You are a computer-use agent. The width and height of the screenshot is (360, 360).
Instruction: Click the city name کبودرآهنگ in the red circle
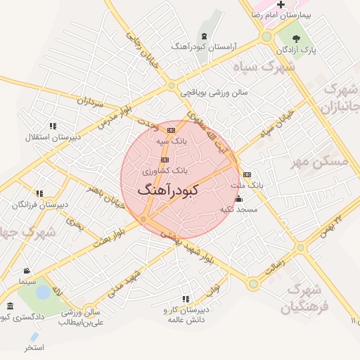169,190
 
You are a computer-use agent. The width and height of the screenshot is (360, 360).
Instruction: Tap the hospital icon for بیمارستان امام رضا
281,5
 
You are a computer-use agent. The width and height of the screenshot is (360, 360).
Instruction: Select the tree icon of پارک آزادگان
296,39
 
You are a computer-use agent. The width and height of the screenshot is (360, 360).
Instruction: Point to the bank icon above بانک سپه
171,130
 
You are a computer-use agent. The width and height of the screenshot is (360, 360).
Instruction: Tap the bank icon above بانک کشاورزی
165,160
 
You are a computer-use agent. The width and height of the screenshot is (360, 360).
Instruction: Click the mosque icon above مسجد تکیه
239,199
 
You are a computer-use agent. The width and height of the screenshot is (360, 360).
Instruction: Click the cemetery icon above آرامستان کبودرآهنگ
204,36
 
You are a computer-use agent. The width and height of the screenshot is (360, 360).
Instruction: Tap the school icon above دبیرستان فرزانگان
39,193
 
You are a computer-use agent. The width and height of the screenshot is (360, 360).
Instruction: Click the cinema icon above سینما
27,271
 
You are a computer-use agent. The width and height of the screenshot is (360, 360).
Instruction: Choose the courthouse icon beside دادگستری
10,307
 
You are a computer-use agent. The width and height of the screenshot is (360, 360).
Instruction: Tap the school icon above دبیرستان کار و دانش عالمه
186,300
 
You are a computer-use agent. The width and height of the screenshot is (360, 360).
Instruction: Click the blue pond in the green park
43,290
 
